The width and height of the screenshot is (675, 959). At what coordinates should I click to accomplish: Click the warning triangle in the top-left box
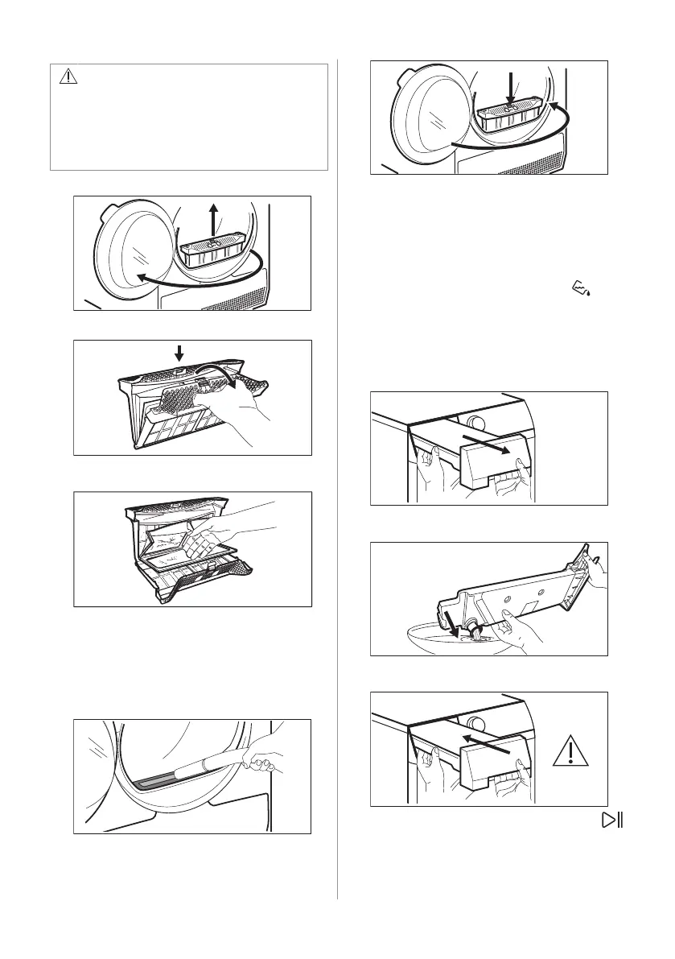(x=68, y=76)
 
